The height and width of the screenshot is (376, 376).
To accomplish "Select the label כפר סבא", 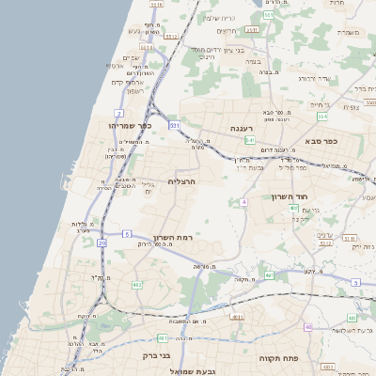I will (x=321, y=140).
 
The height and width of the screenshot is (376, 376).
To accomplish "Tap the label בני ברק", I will (x=156, y=357).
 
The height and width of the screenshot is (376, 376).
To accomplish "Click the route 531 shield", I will (x=174, y=124).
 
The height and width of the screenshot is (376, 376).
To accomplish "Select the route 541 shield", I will (x=249, y=140).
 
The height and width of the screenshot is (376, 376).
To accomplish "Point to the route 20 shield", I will (x=102, y=243).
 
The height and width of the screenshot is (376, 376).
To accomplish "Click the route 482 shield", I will (x=137, y=283).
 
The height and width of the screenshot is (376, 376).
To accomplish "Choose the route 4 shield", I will (x=243, y=202).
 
